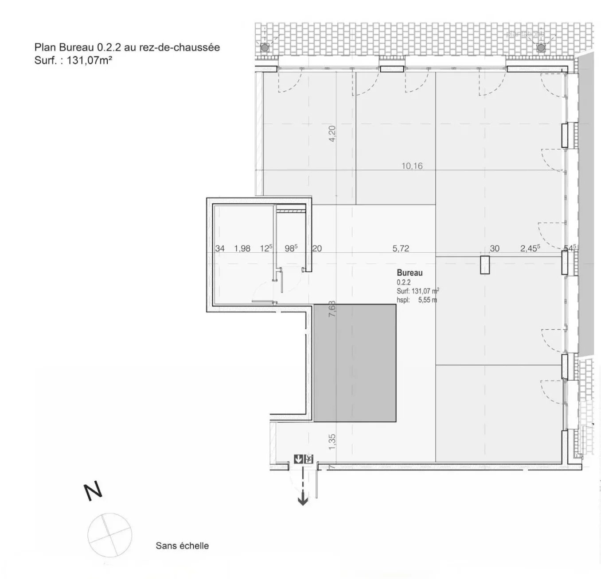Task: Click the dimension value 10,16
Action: coord(412,166)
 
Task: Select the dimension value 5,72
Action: coord(401,248)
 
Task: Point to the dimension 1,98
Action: coord(242,249)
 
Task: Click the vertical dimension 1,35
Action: coord(332,442)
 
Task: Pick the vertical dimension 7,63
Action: coord(332,309)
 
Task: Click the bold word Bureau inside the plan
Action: coord(410,273)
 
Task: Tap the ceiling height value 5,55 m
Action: coord(428,300)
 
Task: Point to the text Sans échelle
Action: coord(182,546)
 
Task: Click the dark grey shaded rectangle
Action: coord(355,363)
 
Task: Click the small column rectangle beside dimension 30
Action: coord(484,265)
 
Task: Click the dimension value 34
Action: coord(220,249)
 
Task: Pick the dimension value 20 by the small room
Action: coord(317,249)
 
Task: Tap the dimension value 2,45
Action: coord(530,249)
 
